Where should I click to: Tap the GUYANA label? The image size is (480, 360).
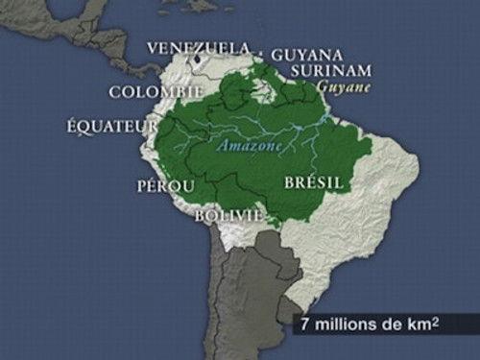[x=306, y=55]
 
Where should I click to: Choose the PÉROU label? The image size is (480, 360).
[x=166, y=184]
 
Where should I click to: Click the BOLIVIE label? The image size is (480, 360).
[x=228, y=216]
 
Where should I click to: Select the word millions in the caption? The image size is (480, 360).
[x=348, y=326]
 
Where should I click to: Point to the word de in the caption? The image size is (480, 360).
[x=395, y=326]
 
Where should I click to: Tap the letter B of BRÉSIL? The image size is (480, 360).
[x=290, y=181]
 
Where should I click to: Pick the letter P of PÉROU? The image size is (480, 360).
[x=143, y=184]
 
